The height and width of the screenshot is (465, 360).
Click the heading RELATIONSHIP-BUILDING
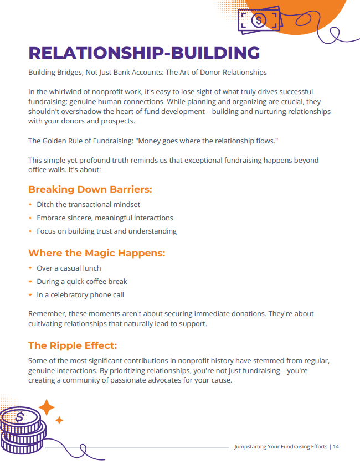coord(144,53)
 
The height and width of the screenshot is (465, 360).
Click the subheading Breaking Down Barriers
coord(90,189)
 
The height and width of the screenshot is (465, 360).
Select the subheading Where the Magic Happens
coord(97,253)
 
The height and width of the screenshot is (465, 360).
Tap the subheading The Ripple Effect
coord(73,345)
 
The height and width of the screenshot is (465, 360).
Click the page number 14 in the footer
coord(336,446)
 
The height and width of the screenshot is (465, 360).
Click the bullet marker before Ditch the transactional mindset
coord(31,205)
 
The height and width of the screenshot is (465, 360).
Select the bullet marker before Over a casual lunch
coord(31,268)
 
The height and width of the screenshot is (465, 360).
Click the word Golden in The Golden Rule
coord(55,141)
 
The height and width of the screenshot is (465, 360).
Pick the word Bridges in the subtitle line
coord(68,73)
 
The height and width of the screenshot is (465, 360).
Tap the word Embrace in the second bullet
coord(52,218)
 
